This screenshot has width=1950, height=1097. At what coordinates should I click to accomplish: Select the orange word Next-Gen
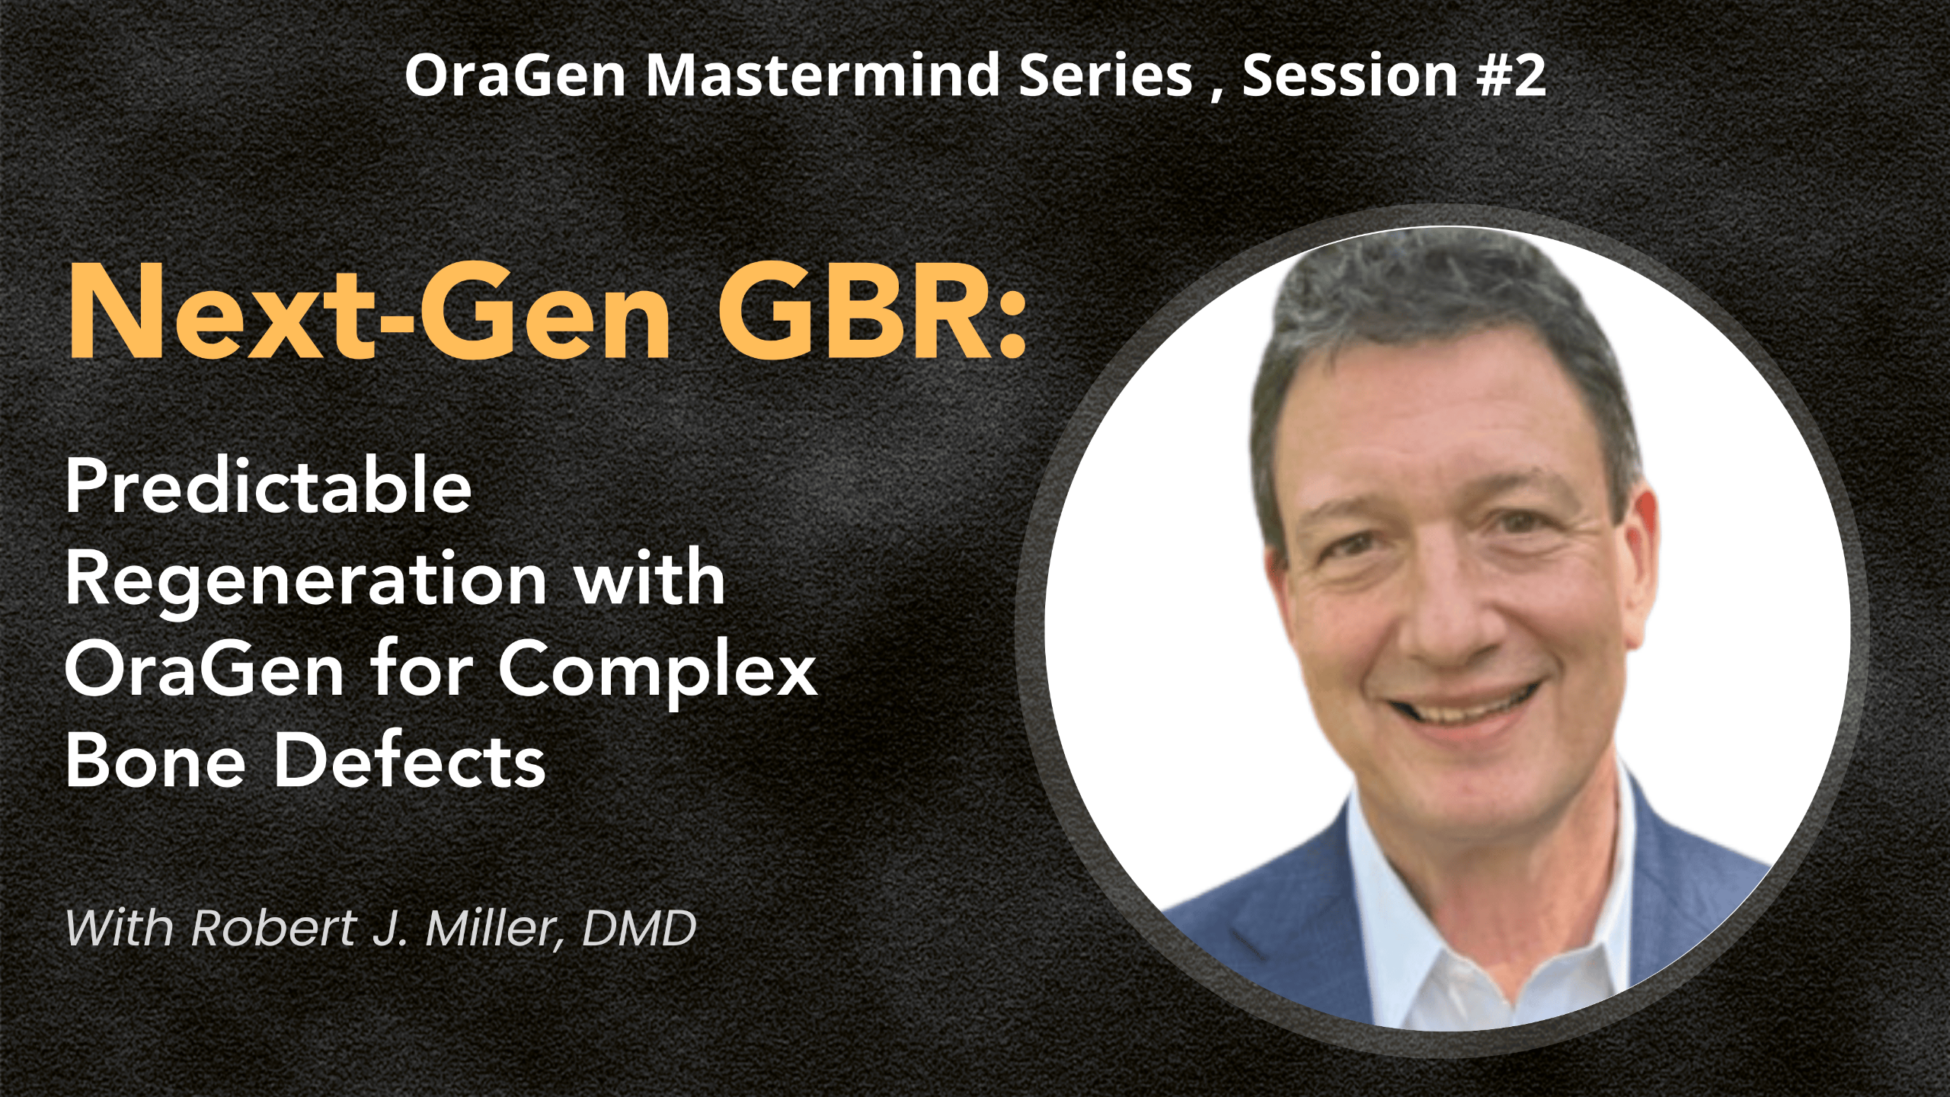point(369,312)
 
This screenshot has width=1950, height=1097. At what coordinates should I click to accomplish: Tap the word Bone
point(155,760)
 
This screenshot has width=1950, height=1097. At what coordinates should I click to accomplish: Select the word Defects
point(410,760)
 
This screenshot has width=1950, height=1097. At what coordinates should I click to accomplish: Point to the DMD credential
point(638,928)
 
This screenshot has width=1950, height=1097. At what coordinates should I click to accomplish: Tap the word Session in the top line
point(1350,75)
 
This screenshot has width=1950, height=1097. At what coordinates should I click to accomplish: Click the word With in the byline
point(120,928)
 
